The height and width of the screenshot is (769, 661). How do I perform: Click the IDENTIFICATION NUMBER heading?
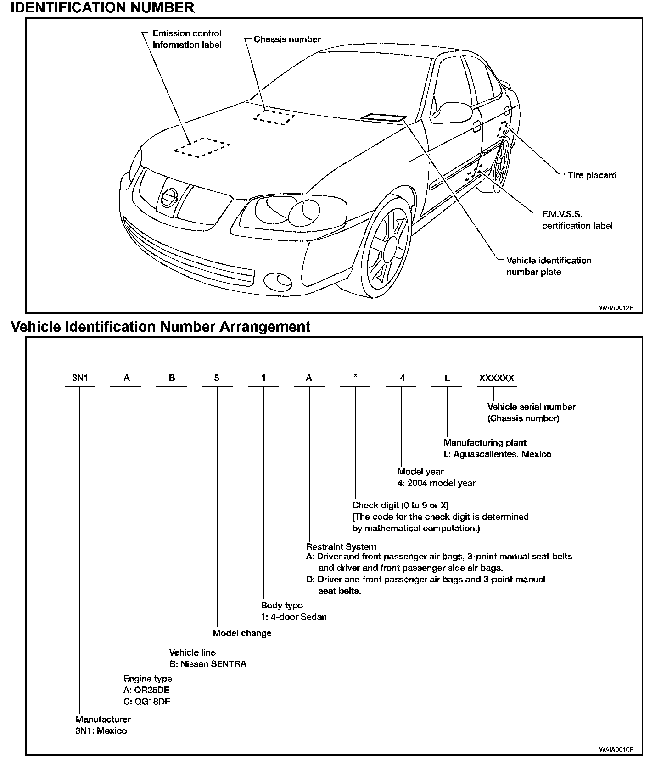[102, 8]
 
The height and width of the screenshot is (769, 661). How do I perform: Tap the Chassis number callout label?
[287, 39]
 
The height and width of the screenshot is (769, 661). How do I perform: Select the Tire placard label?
[592, 175]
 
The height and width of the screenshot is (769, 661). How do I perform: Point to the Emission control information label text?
[187, 39]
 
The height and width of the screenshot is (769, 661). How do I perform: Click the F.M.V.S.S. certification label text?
[577, 220]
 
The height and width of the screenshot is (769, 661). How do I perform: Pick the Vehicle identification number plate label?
[549, 266]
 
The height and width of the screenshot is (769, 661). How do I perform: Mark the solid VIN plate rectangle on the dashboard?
[383, 118]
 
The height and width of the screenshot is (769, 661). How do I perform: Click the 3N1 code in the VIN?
[80, 378]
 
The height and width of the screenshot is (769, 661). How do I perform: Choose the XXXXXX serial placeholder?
[497, 378]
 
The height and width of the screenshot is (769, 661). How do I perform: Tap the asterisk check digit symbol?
[355, 377]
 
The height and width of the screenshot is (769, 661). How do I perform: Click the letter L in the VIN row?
[448, 378]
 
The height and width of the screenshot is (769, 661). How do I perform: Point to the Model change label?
[242, 633]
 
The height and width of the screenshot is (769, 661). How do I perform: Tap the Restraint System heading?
[341, 547]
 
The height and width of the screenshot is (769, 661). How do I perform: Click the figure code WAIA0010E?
[616, 750]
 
